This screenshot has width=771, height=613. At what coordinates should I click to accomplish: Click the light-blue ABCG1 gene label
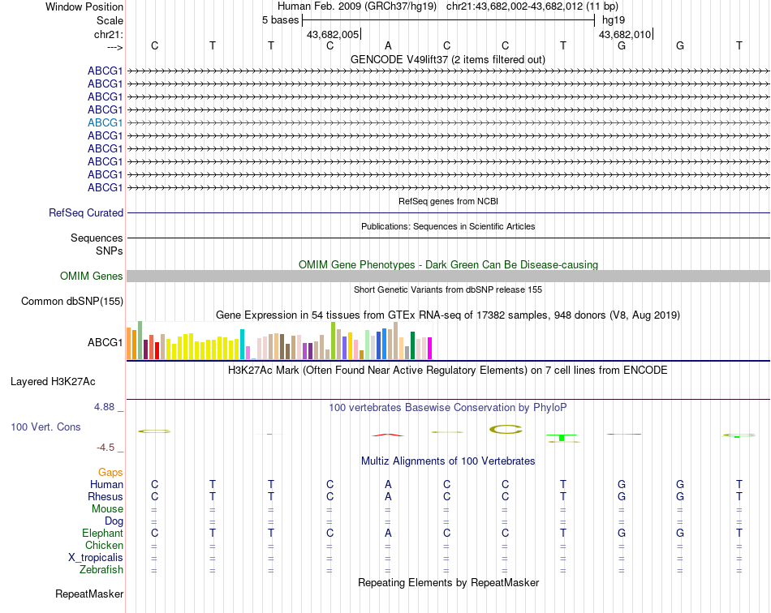pos(106,122)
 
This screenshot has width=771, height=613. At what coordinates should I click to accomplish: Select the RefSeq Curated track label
pos(86,212)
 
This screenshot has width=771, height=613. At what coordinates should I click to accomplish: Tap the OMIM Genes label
pos(92,276)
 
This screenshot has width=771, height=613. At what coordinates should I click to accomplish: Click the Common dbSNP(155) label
pos(72,302)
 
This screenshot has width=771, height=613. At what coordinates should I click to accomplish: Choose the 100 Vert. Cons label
pos(45,427)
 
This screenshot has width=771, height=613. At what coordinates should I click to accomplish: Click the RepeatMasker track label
pos(89,594)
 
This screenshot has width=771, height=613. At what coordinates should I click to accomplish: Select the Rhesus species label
pos(106,496)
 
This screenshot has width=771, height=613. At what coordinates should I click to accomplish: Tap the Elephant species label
pos(102,533)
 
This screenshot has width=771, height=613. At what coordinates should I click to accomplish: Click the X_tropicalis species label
pos(96,558)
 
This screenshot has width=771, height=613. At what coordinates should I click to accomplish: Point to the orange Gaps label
pos(110,472)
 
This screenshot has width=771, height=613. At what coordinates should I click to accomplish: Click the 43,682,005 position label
pos(333,34)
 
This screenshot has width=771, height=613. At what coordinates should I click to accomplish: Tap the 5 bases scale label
pos(280,19)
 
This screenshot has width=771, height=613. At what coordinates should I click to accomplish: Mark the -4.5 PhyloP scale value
pos(110,447)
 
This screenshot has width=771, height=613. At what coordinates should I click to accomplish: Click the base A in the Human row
pos(388,484)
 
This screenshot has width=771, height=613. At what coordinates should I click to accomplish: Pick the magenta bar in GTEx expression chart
pos(429,348)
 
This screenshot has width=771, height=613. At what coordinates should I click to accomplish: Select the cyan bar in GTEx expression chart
pos(242,345)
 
